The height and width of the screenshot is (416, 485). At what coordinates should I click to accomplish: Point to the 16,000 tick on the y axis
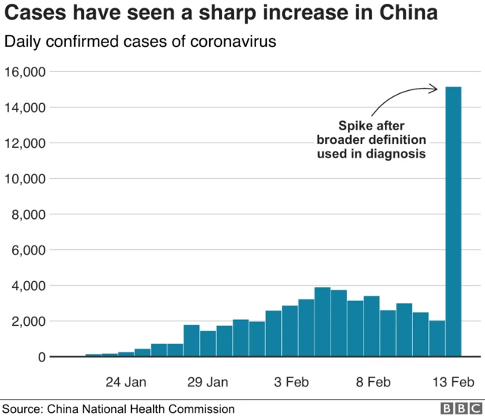[25, 72]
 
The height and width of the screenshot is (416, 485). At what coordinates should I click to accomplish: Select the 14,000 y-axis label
[25, 108]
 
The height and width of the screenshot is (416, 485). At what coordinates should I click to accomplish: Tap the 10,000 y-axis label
[25, 179]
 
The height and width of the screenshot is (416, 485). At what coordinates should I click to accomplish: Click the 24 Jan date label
[126, 381]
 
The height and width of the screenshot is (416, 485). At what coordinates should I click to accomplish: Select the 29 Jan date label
[208, 381]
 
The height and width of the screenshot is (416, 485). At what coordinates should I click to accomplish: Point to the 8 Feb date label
[372, 381]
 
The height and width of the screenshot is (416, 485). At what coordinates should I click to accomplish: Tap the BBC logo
[457, 408]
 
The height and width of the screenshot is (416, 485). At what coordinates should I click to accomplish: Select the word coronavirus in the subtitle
[228, 42]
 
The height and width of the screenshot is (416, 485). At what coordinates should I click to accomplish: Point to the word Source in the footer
[22, 408]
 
